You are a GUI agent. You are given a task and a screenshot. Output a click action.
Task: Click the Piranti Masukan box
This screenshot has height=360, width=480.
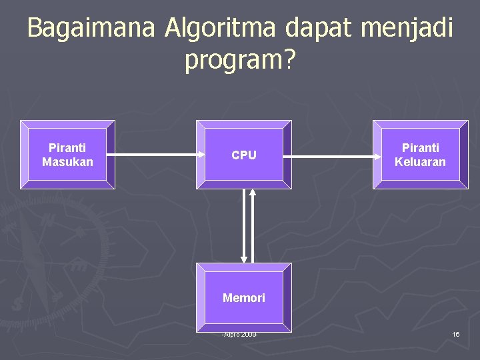(67, 155)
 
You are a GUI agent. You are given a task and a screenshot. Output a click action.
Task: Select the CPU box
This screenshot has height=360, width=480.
(243, 155)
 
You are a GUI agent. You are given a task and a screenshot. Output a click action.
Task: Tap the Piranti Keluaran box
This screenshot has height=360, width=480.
(420, 155)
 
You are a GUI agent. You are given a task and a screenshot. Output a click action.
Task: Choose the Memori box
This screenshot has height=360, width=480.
(243, 297)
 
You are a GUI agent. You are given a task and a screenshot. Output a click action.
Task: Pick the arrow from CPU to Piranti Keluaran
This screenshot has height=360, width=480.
(331, 155)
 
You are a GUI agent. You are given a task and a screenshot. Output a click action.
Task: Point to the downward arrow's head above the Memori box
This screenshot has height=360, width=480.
(243, 259)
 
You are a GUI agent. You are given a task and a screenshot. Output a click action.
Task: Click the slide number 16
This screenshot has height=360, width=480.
(455, 333)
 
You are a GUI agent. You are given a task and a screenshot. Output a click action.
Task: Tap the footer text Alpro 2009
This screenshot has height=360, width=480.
(240, 333)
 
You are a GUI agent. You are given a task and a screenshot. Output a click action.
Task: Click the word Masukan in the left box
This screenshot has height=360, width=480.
(67, 162)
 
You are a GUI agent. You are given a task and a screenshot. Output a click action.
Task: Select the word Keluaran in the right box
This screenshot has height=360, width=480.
(420, 162)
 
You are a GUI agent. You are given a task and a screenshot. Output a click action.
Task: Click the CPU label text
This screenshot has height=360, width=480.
(243, 155)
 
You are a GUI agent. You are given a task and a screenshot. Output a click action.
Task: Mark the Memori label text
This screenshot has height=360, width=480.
(243, 298)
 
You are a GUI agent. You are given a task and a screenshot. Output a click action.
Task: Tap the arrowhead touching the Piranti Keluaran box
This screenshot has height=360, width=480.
(368, 155)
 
